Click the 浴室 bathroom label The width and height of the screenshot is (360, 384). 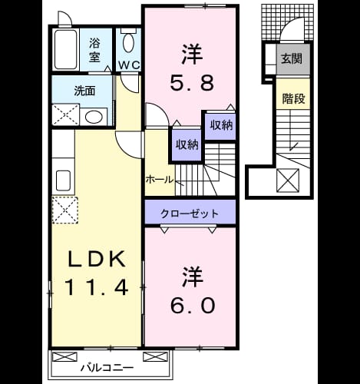[x=94, y=50]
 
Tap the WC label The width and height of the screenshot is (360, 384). [x=129, y=65]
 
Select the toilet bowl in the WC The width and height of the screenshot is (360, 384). [x=128, y=42]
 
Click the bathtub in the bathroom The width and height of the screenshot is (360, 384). [x=66, y=49]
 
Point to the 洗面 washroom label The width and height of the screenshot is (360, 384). [x=84, y=91]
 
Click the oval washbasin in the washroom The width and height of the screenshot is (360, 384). [x=94, y=117]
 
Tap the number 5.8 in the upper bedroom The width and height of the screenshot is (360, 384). [x=192, y=82]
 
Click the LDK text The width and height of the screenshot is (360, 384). [x=97, y=259]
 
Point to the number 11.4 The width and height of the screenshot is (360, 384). [x=97, y=287]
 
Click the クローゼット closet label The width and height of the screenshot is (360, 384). [x=190, y=214]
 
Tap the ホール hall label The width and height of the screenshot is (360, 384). [x=160, y=180]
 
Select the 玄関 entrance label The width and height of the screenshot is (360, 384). [x=292, y=58]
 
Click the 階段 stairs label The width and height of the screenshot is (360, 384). [x=293, y=98]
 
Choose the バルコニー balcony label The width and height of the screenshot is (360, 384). [x=107, y=368]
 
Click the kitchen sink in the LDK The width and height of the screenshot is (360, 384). [x=63, y=180]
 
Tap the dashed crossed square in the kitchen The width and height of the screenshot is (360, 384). [x=65, y=210]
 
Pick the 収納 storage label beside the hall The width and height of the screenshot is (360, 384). [x=187, y=145]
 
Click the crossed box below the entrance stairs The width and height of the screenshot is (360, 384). [x=288, y=180]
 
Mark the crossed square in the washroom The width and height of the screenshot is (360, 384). [x=66, y=114]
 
